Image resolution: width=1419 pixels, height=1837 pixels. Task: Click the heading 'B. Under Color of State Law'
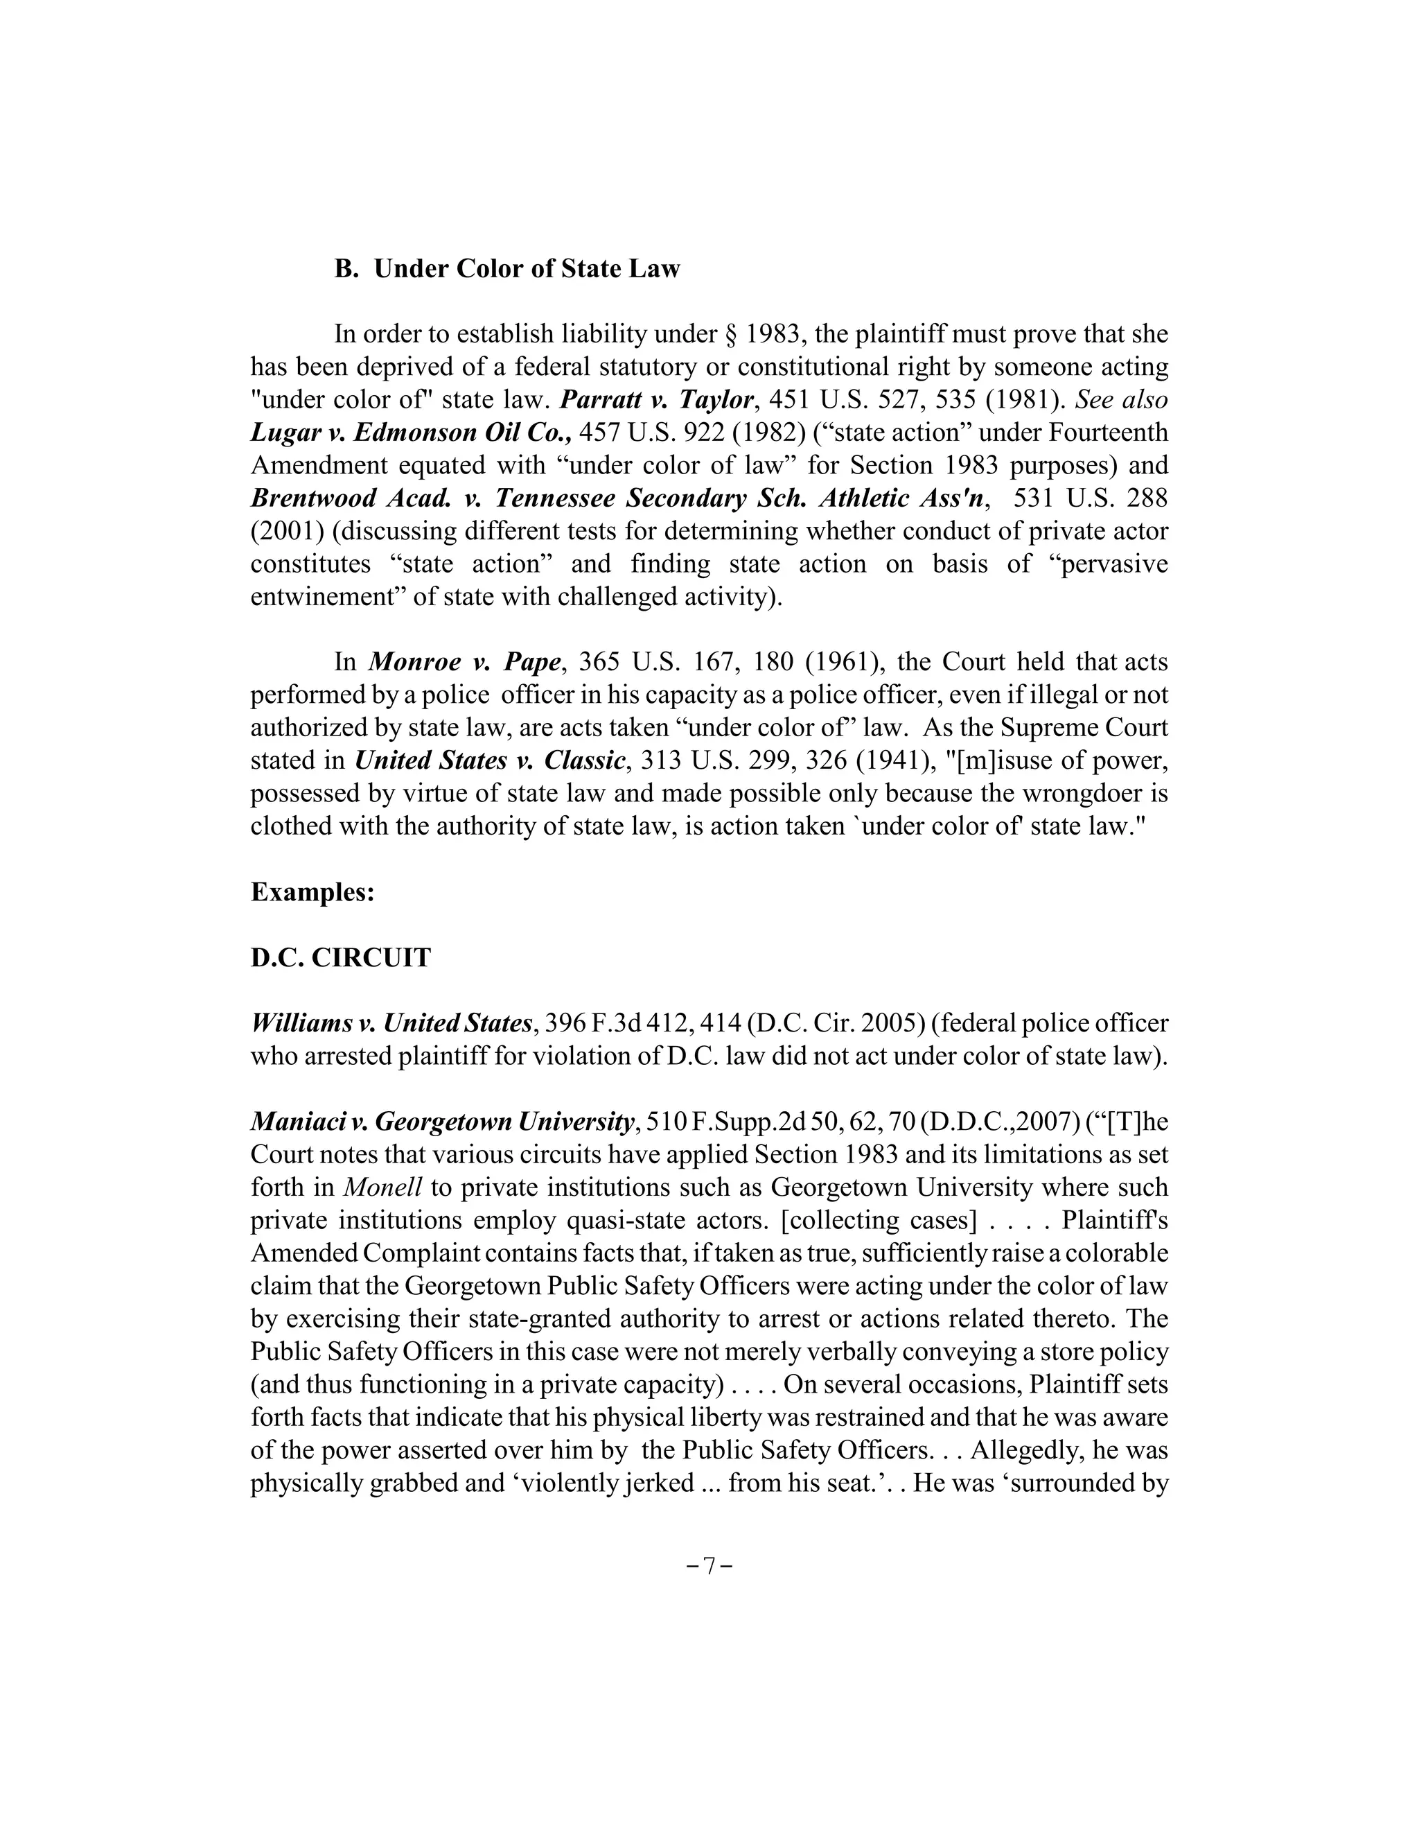tap(507, 269)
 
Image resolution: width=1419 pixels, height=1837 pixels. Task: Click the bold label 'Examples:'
tap(312, 891)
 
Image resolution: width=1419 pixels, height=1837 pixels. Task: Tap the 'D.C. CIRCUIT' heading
tap(340, 957)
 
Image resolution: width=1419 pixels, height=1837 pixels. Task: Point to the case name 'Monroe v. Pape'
tap(464, 662)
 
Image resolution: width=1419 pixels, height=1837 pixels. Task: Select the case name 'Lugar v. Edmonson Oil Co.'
tap(411, 433)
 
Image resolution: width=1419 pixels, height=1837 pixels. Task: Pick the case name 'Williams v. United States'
tap(391, 1022)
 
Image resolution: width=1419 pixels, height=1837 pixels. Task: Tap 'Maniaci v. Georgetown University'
tap(442, 1121)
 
